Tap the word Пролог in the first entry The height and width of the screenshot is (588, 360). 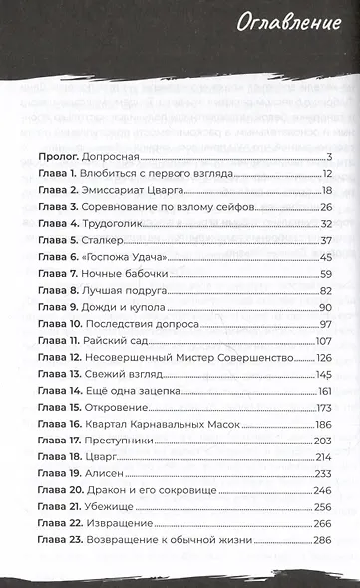(x=58, y=157)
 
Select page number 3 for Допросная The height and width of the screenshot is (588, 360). (x=327, y=157)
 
